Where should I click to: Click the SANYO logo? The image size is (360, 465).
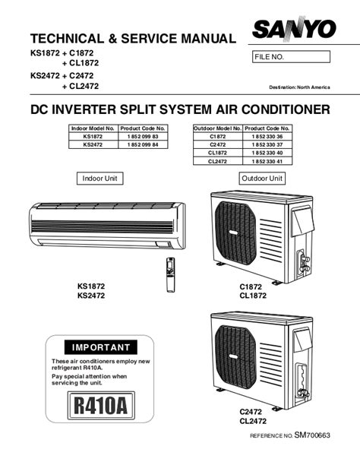294,29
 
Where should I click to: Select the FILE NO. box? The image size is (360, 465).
291,57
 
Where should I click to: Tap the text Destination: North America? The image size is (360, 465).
299,87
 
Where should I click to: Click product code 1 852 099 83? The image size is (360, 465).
143,137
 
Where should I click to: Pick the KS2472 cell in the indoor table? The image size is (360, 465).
93,144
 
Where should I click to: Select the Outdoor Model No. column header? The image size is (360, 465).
218,128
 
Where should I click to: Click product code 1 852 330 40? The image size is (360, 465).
267,153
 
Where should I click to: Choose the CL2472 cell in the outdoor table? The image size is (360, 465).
217,161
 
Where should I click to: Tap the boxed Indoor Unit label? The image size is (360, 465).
100,179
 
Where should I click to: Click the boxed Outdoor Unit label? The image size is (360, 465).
262,179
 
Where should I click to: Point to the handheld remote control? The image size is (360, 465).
171,274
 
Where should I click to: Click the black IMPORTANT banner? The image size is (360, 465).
101,347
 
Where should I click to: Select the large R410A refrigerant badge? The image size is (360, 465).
101,406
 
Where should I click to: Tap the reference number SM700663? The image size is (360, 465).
312,435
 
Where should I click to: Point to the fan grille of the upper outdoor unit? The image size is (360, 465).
235,233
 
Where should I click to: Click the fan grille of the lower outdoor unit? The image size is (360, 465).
235,357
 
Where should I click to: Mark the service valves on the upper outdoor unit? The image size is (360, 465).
304,262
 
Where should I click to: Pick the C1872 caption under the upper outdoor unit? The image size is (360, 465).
251,286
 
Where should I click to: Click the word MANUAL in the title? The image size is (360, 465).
208,39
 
